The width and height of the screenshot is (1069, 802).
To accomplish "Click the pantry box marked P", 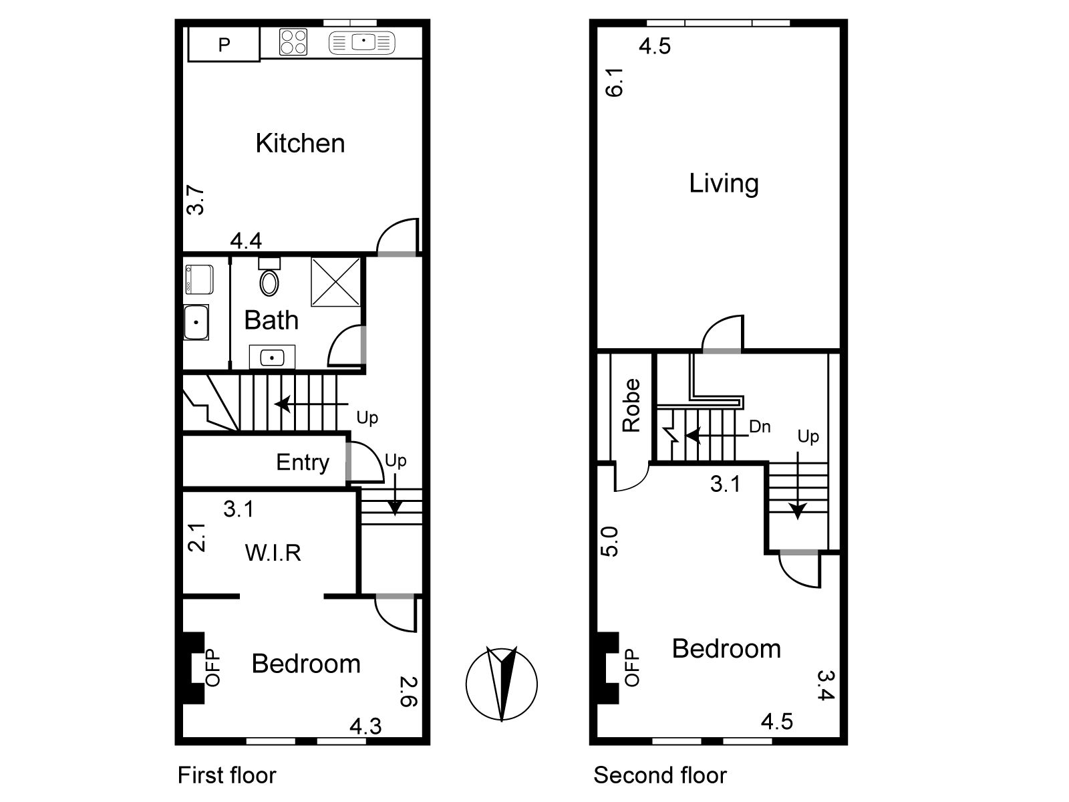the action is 224,44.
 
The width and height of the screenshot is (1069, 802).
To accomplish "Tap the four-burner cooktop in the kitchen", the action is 293,42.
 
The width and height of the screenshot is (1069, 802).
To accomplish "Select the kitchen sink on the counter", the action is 362,42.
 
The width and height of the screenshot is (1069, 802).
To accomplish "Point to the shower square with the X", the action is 336,283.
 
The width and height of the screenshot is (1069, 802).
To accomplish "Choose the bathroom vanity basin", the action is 272,357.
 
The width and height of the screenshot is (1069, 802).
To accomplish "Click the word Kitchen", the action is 300,143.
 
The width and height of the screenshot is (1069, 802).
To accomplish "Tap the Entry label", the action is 303,462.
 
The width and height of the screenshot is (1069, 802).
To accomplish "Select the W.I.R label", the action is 273,553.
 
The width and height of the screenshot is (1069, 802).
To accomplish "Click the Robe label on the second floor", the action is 631,405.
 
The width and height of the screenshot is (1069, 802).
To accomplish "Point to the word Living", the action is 724,184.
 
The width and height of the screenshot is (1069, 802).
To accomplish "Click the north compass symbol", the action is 502,684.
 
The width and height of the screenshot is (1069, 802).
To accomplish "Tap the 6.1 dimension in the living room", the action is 614,82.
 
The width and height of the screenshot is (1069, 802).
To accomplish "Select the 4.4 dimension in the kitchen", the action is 246,241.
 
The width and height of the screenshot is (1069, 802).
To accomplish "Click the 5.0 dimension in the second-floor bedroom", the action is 609,541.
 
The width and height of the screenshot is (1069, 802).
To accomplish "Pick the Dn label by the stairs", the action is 760,426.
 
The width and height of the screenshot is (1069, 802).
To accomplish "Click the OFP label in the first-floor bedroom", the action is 213,668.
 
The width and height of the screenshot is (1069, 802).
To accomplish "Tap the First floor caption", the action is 227,775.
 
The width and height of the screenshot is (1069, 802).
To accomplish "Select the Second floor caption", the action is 660,775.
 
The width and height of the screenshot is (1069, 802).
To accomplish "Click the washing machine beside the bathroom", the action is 198,279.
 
